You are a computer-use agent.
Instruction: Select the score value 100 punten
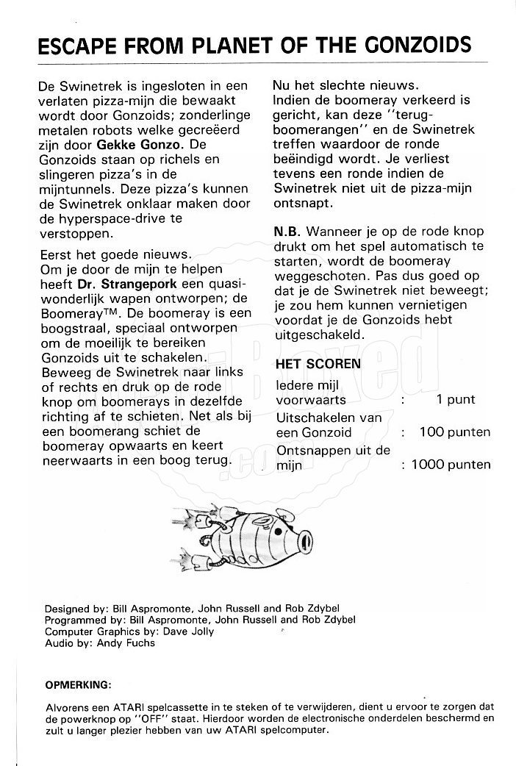pyautogui.click(x=454, y=432)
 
